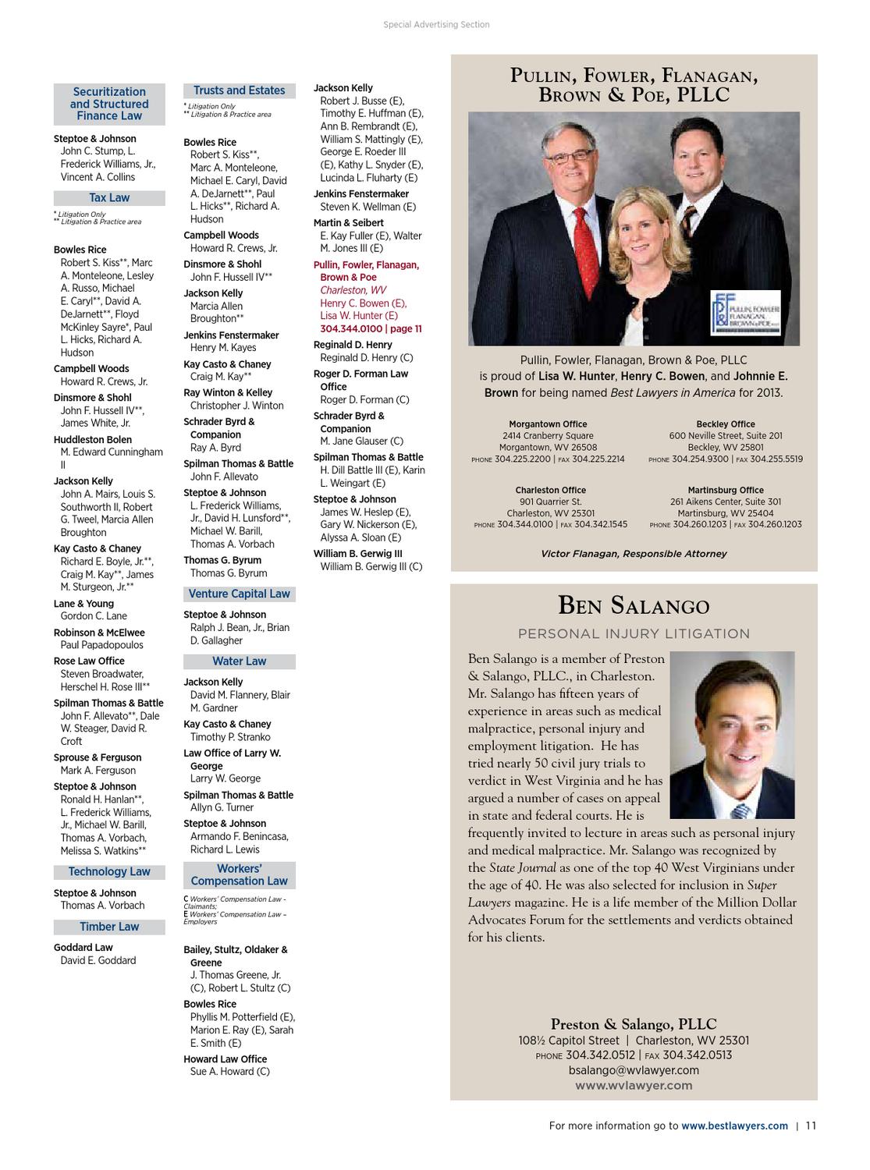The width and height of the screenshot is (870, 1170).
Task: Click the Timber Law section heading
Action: point(109,927)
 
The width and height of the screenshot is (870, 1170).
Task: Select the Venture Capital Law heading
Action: point(239,594)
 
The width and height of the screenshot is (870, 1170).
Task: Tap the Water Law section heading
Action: point(239,661)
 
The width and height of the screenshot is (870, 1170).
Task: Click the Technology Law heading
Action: point(109,871)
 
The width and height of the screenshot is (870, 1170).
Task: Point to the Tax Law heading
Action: point(109,198)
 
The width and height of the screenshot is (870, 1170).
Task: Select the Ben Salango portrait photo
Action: point(732,735)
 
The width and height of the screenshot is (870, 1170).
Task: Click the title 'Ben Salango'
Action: point(634,605)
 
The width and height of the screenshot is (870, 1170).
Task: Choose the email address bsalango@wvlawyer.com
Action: point(634,1070)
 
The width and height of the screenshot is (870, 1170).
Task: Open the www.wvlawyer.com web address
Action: point(634,1085)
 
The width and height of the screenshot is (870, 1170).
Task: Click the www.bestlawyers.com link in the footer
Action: point(734,1126)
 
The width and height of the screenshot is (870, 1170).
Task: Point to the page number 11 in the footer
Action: point(811,1126)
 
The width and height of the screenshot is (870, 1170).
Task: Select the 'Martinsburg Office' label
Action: point(726,491)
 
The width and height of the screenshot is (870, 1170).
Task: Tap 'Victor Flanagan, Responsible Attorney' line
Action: point(634,554)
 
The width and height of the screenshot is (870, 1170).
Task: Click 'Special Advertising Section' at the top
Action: point(436,25)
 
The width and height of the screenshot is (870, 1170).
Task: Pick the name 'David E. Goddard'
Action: point(98,960)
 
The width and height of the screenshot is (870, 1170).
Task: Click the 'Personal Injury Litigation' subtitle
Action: point(634,634)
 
